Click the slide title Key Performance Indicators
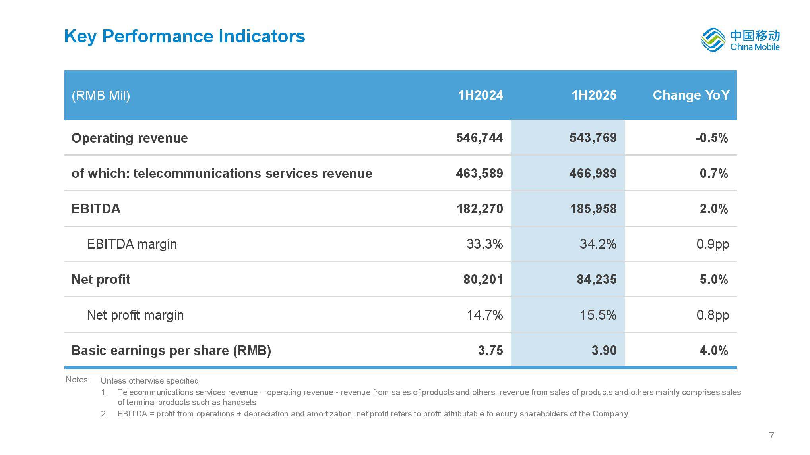click(x=184, y=37)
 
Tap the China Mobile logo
click(x=740, y=40)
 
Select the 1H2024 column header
click(x=481, y=95)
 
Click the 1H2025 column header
click(x=594, y=95)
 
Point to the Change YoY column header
click(x=691, y=95)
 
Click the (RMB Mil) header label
click(x=101, y=96)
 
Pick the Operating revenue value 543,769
click(x=593, y=138)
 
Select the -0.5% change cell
click(x=712, y=138)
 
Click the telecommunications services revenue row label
click(x=222, y=174)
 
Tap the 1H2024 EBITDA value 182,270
click(x=480, y=209)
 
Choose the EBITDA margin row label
click(x=132, y=244)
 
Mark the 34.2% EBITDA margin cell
click(x=598, y=244)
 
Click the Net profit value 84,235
click(x=597, y=280)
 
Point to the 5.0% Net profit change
click(x=714, y=280)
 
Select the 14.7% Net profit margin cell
click(x=484, y=315)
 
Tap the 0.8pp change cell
click(x=713, y=315)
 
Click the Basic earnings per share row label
click(x=171, y=351)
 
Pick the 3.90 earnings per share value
click(x=604, y=350)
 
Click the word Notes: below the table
click(x=78, y=380)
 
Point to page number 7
click(x=772, y=436)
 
